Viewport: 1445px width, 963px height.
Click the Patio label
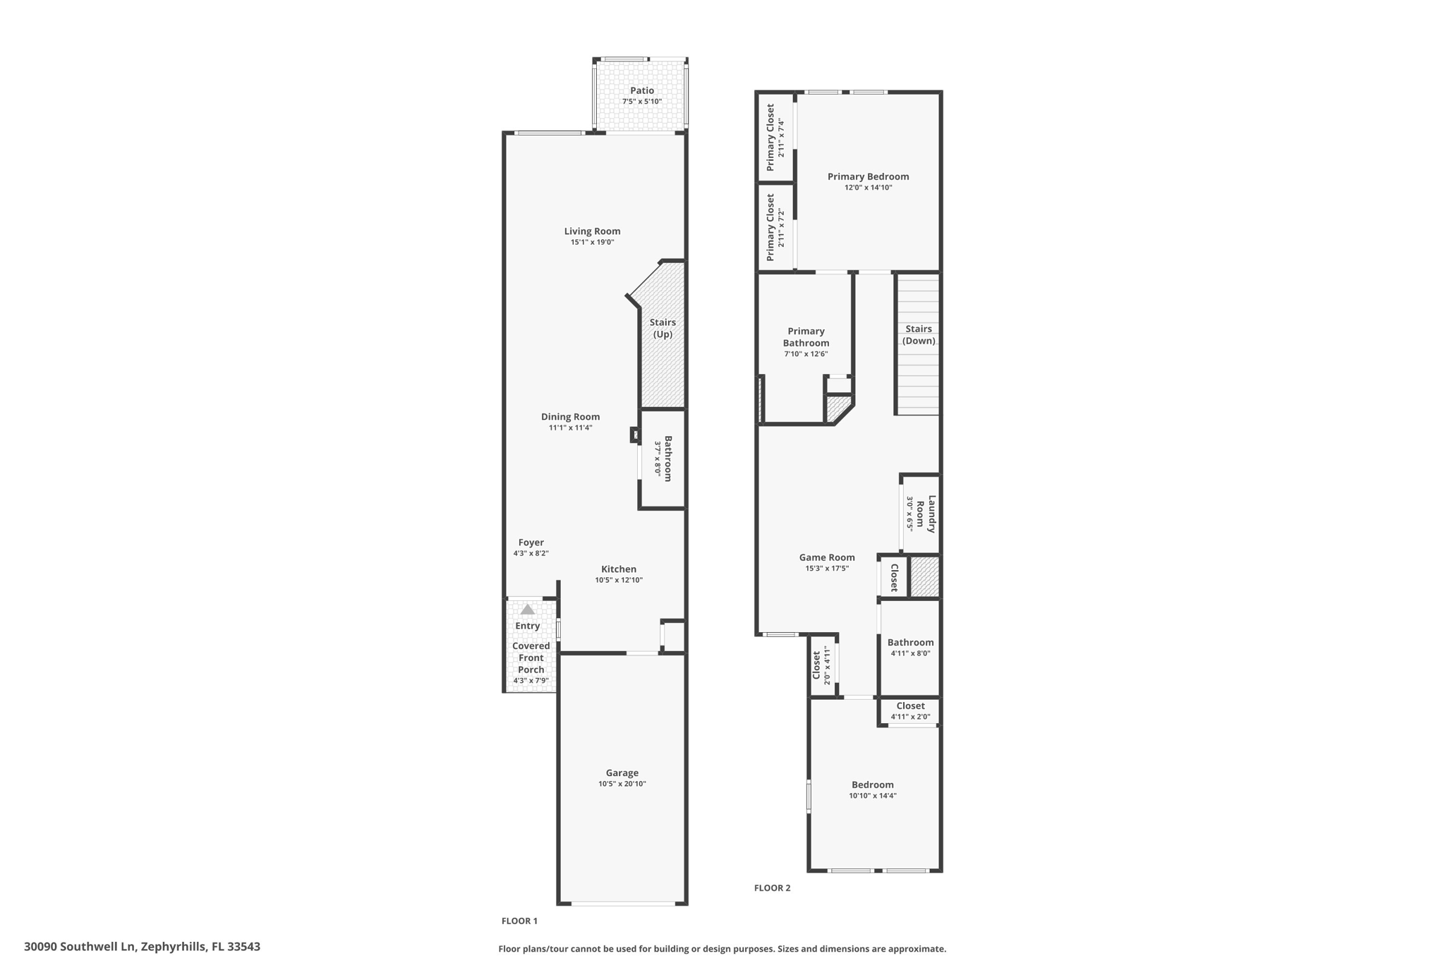642,90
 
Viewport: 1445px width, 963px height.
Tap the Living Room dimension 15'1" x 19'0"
593,242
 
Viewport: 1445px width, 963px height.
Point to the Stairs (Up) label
663,328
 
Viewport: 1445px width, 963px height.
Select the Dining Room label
570,416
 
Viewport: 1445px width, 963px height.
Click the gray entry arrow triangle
528,609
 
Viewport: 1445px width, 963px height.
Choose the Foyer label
531,543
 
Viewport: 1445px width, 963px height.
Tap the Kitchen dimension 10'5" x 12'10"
619,580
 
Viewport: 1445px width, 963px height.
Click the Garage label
622,773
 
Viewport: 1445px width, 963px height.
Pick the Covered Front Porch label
531,658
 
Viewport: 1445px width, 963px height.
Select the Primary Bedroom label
868,176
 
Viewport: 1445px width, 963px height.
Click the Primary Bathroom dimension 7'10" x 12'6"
806,354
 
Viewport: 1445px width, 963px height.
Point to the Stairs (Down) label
919,334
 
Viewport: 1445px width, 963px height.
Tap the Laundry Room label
926,514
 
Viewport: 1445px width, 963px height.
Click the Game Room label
827,557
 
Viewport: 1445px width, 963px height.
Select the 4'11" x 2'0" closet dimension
910,717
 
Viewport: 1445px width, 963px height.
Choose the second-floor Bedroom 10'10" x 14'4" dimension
873,796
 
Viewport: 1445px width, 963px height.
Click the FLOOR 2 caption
772,888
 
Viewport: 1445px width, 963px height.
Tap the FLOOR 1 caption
519,921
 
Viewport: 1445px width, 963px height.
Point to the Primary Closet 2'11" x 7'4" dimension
780,138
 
